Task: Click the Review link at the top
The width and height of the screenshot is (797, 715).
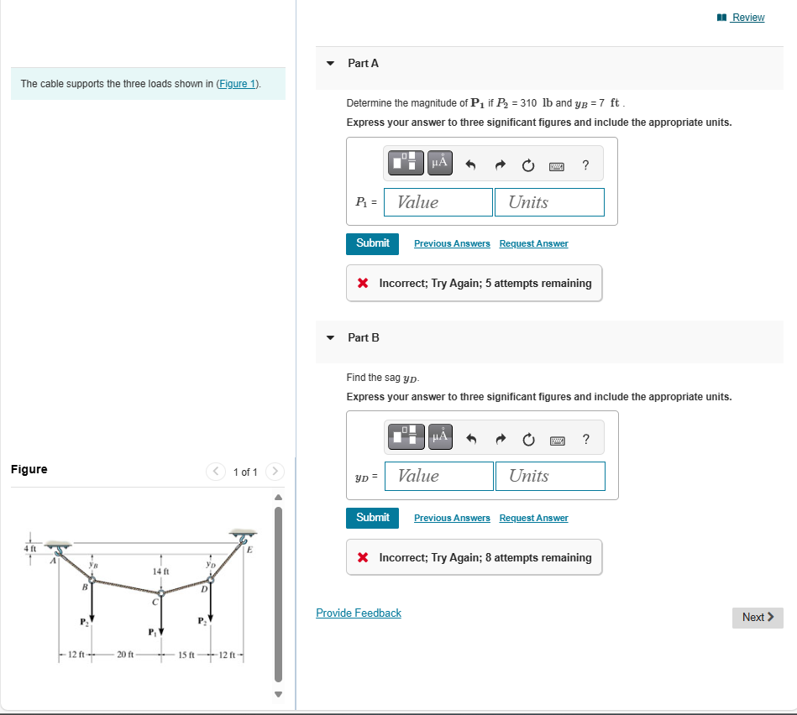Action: (x=747, y=18)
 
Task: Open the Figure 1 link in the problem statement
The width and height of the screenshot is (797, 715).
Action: (x=238, y=84)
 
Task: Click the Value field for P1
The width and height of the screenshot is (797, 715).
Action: (x=439, y=202)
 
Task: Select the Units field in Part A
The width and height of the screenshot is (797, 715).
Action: (x=549, y=202)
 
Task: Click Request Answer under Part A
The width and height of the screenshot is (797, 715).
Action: (x=533, y=243)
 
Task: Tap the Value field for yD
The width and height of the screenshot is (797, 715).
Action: (x=439, y=476)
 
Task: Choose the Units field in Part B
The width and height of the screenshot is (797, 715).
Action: (x=550, y=476)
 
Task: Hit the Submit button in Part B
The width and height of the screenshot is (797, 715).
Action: (x=372, y=518)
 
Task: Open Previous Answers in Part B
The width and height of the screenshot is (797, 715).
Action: (x=452, y=518)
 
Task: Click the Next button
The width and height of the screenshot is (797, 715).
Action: (x=757, y=618)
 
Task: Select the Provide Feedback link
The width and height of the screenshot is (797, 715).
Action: (x=359, y=613)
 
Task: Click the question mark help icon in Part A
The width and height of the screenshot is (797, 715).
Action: (x=585, y=165)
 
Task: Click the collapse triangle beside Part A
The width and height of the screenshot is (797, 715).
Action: (x=330, y=64)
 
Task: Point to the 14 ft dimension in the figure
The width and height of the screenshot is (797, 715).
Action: (x=161, y=571)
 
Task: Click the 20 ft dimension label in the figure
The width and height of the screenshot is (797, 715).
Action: (x=126, y=655)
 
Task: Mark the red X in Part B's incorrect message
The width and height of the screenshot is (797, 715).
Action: (x=363, y=558)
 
